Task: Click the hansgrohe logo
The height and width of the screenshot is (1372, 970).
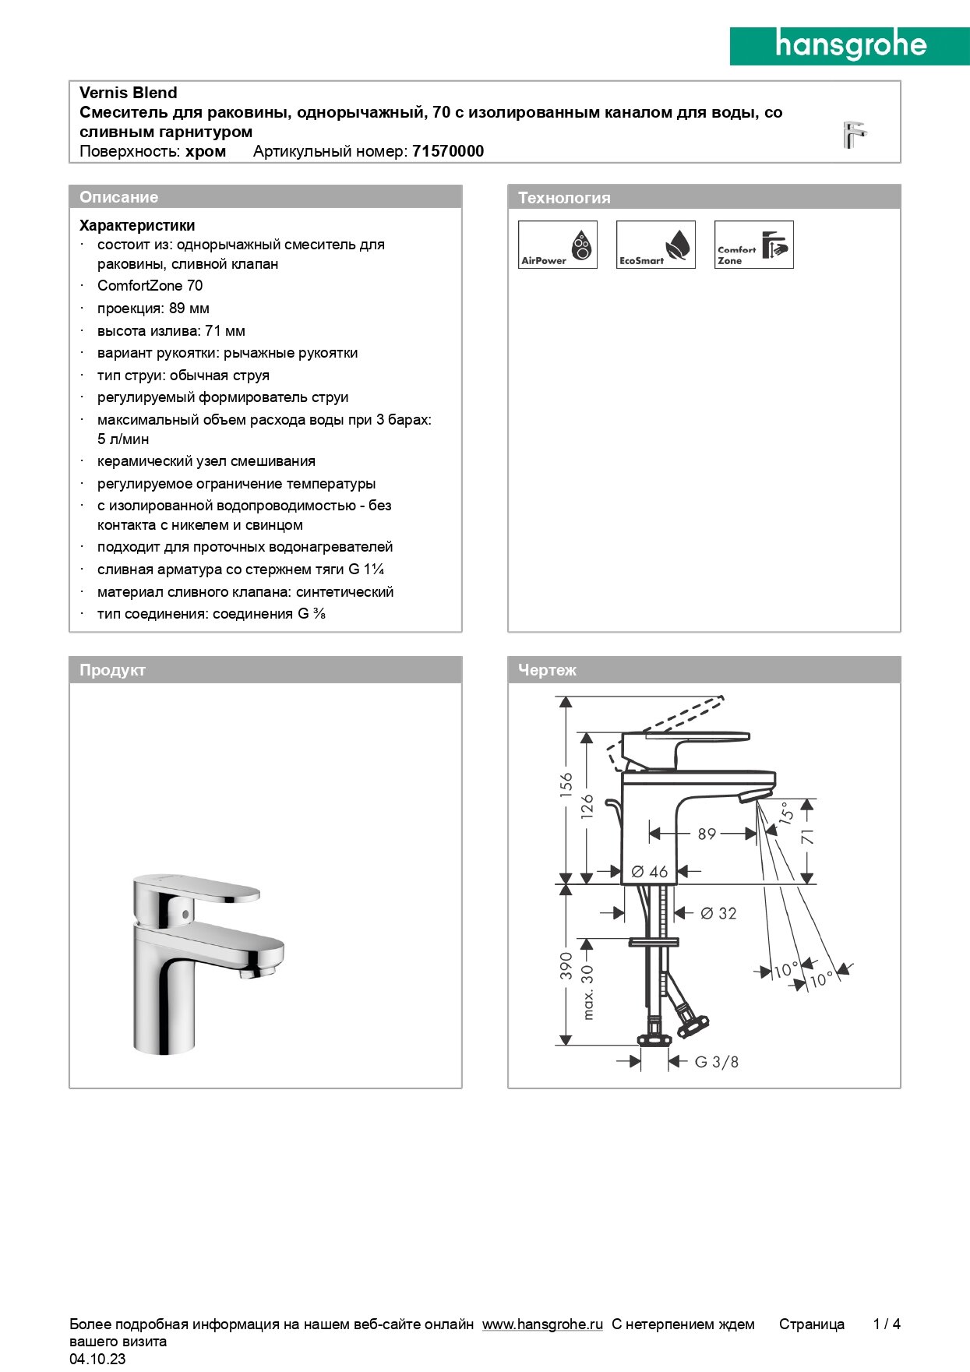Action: tap(849, 46)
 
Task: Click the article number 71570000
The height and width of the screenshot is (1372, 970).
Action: tap(448, 151)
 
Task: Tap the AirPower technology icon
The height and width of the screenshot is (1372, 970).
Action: tap(558, 245)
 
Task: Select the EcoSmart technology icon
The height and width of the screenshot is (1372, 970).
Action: tap(655, 245)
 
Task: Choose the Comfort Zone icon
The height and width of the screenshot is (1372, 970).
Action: tap(753, 245)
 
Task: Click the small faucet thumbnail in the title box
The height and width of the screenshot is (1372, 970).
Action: tap(854, 135)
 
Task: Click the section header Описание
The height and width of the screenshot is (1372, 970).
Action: tap(118, 197)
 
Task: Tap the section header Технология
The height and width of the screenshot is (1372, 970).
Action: tap(564, 198)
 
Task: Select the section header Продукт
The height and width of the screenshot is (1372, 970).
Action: tap(112, 670)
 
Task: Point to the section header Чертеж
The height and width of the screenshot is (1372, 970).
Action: tap(547, 670)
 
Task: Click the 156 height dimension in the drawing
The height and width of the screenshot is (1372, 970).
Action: tap(566, 783)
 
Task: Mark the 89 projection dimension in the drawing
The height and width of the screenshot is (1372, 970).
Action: tap(707, 834)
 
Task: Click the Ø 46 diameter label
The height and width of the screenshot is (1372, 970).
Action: tap(650, 872)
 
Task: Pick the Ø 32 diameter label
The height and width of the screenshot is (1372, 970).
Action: tap(718, 913)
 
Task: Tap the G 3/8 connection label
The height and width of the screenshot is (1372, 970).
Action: tap(716, 1062)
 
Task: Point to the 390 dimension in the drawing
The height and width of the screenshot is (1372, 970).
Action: tap(566, 966)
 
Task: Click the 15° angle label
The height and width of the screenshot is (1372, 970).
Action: tap(787, 813)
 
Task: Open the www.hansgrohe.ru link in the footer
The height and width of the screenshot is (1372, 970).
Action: tap(542, 1324)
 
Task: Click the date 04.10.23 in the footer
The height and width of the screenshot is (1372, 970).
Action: tap(97, 1359)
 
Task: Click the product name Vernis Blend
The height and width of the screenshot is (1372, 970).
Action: tap(129, 93)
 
